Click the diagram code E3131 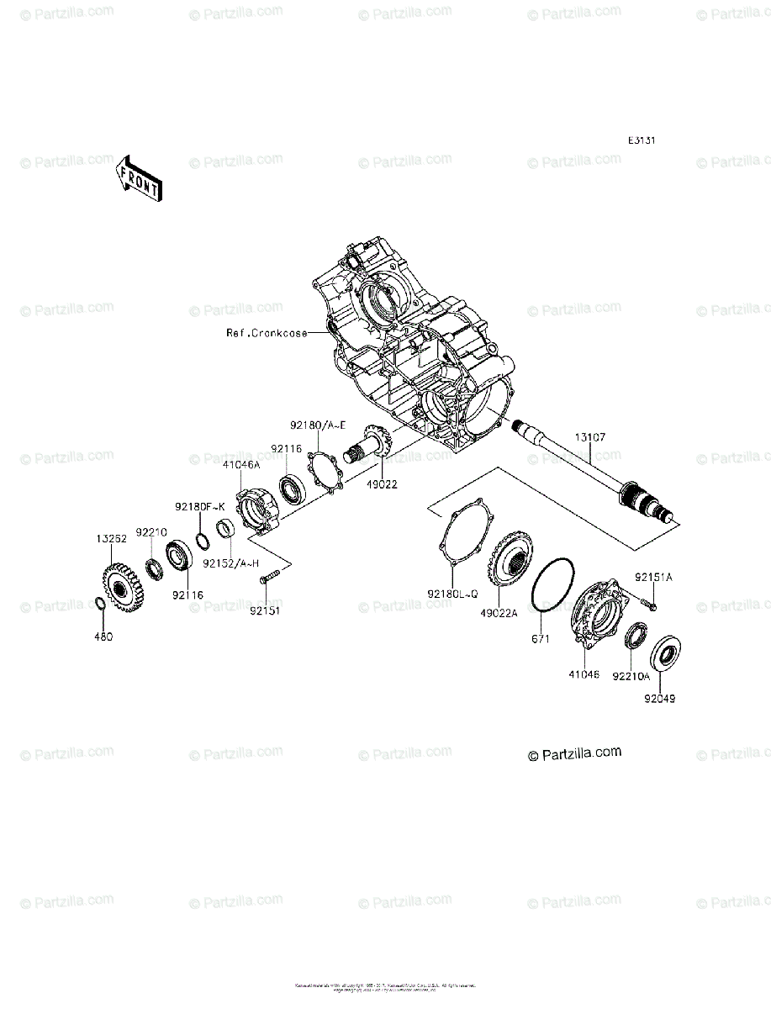pos(641,140)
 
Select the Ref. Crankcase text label pos(266,333)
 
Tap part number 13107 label pos(590,438)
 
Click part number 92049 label pos(661,698)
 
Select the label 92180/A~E pos(319,426)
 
